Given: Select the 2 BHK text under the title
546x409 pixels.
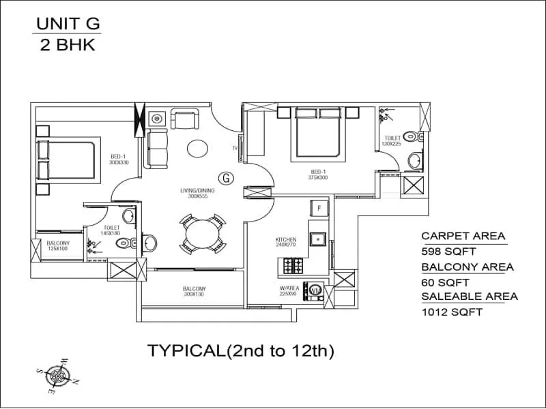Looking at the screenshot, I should [68, 47].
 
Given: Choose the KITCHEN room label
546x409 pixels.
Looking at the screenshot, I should [285, 240].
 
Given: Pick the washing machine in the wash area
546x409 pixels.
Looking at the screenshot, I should [315, 290].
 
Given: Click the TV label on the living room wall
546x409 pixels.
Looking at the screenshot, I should [235, 147].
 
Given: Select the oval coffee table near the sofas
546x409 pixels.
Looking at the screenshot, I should [199, 147].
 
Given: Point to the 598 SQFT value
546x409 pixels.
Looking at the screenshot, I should [448, 252].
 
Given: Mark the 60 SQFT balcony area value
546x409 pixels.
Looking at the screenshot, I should [444, 282].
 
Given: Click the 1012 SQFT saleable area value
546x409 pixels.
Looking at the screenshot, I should [452, 312].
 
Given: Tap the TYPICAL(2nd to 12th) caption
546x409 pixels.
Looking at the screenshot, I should [240, 351].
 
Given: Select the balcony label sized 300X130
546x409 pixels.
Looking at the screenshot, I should [195, 291].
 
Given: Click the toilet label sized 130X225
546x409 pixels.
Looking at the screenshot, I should [392, 140].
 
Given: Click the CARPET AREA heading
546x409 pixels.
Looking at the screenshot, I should [463, 236].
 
